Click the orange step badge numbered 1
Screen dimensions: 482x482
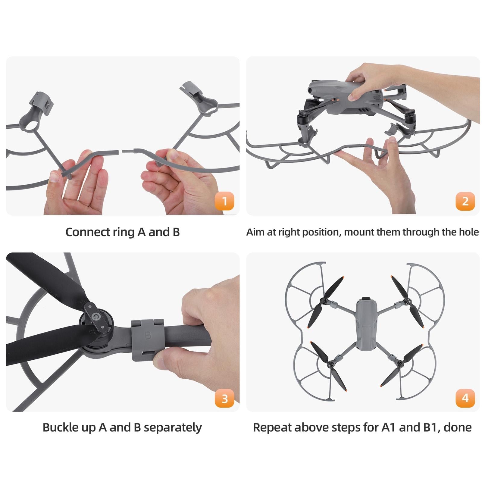(224, 201)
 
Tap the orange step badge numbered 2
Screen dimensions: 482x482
(465, 201)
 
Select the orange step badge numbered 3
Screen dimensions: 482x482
(224, 398)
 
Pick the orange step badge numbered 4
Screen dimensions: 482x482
(465, 398)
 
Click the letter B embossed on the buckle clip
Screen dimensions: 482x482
(148, 335)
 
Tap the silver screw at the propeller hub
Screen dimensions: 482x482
(96, 316)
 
